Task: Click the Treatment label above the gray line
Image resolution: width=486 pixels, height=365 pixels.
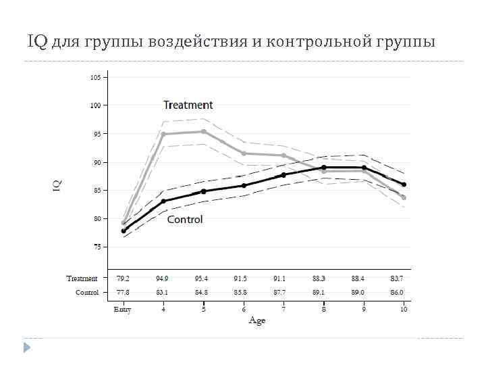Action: [188, 105]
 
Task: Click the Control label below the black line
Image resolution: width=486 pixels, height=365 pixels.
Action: [185, 220]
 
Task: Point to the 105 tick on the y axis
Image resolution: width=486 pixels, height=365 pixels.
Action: [95, 77]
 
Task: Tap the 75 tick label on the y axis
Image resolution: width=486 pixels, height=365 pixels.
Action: [97, 247]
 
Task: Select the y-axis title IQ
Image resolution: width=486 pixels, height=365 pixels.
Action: [58, 183]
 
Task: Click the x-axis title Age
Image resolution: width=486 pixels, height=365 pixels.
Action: [257, 320]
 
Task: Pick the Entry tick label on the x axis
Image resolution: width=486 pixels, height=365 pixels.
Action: [122, 310]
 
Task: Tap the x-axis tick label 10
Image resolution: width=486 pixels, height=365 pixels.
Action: [403, 310]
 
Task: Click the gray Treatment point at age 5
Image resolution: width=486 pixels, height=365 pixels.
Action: [204, 132]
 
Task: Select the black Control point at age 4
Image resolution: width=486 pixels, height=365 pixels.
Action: [163, 201]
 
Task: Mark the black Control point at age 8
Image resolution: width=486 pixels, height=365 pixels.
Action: [324, 167]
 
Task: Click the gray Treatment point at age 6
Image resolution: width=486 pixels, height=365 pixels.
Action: [244, 153]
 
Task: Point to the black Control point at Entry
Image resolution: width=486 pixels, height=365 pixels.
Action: [124, 231]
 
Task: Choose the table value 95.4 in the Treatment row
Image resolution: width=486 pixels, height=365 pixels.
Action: [203, 278]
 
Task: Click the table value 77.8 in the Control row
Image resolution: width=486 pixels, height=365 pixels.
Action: [123, 293]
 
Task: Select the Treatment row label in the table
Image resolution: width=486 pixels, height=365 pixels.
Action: [82, 278]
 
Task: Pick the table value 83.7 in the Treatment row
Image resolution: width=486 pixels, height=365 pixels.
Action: [396, 278]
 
